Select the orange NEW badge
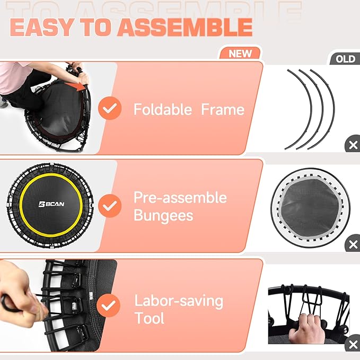coord(240,54)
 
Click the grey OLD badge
coord(345,58)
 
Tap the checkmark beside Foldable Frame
coord(110,109)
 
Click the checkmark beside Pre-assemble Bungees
coord(110,205)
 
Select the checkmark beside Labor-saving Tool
coord(110,305)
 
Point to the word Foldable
coord(162,110)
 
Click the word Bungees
coord(163,216)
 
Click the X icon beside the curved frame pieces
coord(353,145)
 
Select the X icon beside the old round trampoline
coord(353,244)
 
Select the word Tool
coord(149,319)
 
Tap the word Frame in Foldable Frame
coord(223,110)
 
